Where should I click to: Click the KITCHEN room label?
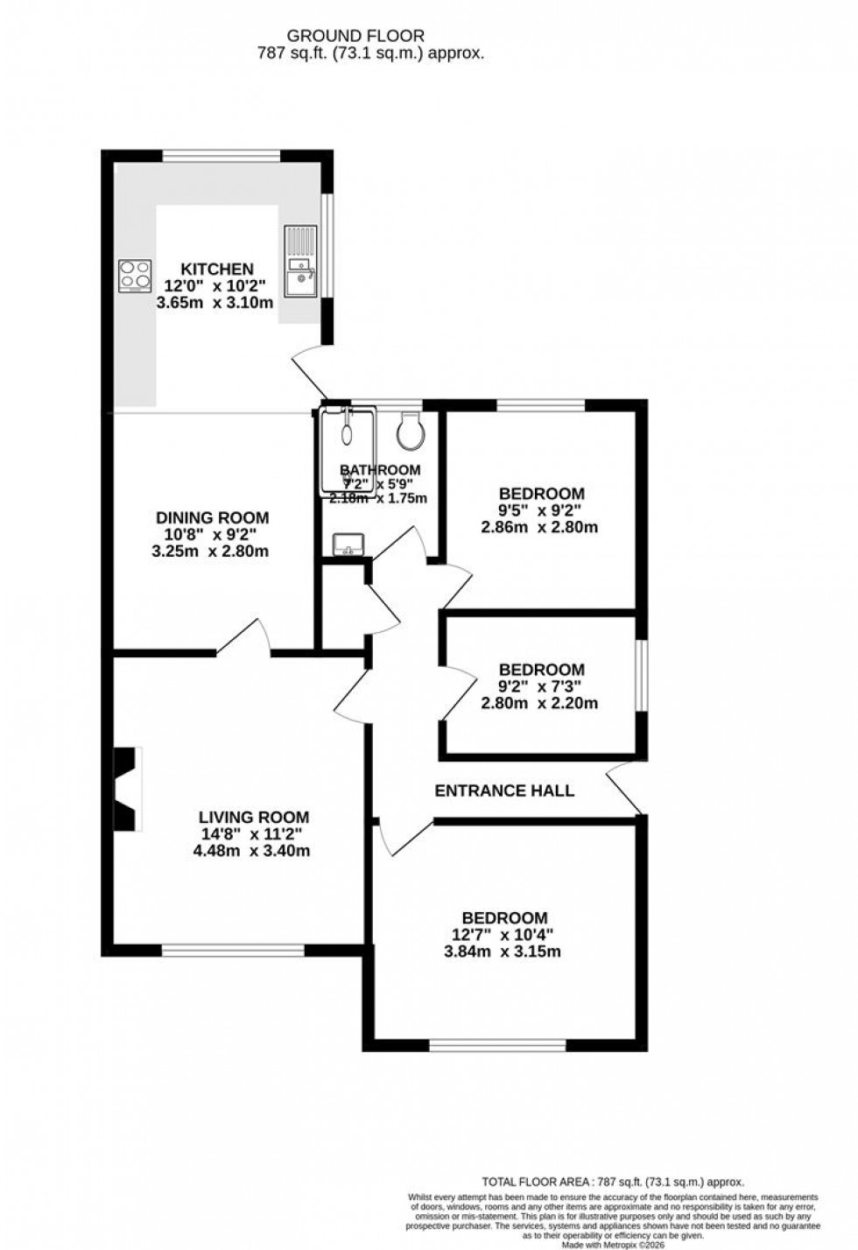click(x=216, y=269)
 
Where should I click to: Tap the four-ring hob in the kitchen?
click(x=135, y=274)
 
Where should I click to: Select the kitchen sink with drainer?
click(x=299, y=263)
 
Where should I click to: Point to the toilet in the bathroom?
click(x=409, y=429)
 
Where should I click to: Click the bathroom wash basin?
click(x=348, y=545)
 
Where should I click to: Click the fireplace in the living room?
click(x=126, y=789)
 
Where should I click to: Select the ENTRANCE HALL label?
click(x=504, y=790)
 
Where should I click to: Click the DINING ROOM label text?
click(x=213, y=517)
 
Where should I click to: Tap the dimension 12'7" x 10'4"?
click(x=505, y=935)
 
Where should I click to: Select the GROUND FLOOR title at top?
click(x=356, y=36)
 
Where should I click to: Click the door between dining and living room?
click(x=243, y=637)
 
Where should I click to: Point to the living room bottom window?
click(x=233, y=948)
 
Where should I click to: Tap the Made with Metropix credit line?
click(x=613, y=1243)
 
